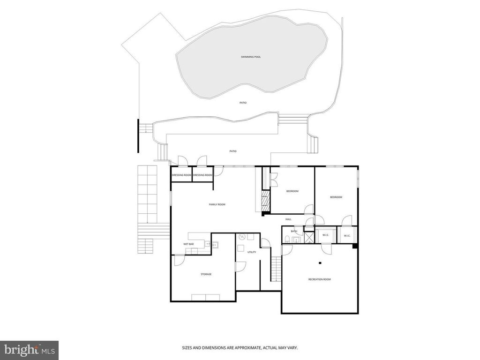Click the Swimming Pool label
251,57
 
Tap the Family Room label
217,204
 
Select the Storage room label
206,274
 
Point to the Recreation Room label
320,279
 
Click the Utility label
252,252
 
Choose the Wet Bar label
188,244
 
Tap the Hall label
288,219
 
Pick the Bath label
294,231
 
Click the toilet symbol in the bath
287,239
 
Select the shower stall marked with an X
309,238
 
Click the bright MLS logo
29,349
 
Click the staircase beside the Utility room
276,269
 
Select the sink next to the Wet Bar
215,245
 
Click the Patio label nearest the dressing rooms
233,151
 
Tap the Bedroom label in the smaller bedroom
292,191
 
